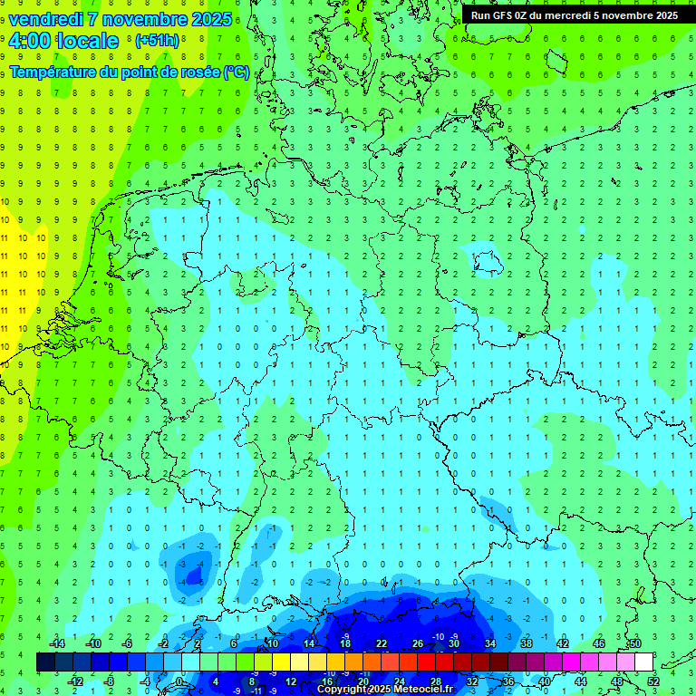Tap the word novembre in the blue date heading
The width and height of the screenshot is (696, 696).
(x=143, y=19)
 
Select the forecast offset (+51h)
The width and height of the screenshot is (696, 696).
(x=157, y=41)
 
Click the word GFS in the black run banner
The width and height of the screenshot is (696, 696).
(x=506, y=15)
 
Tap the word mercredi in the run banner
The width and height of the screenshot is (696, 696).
(x=594, y=15)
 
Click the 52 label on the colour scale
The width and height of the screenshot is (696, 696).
(x=652, y=681)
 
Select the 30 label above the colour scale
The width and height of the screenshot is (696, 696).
(x=453, y=643)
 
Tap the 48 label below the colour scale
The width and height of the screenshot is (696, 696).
(x=616, y=681)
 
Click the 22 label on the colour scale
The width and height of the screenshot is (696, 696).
(x=381, y=643)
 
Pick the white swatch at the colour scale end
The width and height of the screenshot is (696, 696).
(x=643, y=662)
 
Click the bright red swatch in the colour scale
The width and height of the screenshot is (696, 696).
(x=426, y=662)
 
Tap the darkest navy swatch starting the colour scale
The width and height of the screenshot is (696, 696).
(x=45, y=662)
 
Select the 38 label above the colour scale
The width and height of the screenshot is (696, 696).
(x=526, y=643)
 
